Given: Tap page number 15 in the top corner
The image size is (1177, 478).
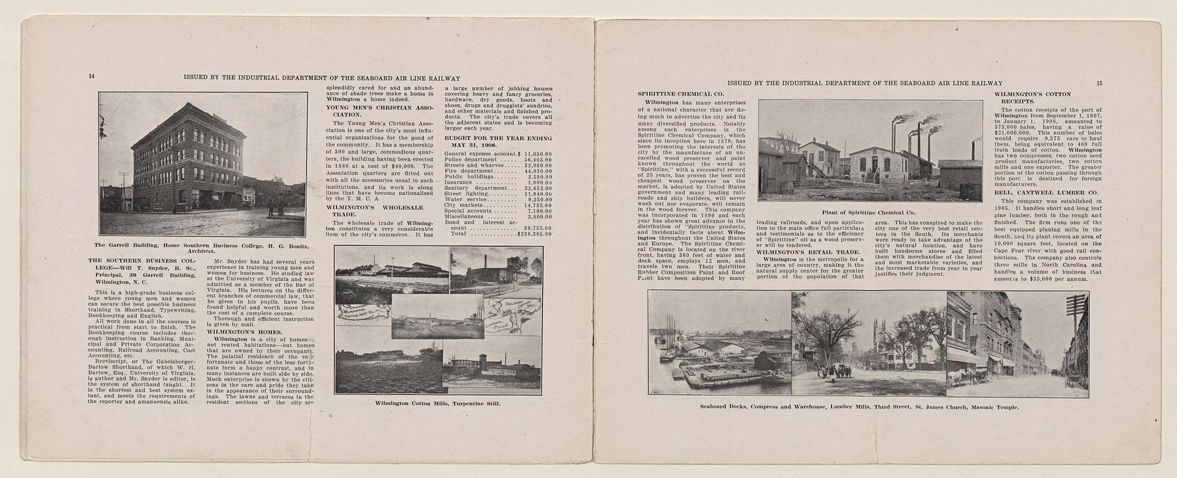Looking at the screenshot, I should (1099, 83).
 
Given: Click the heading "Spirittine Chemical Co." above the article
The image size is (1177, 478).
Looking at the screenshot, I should (673, 94).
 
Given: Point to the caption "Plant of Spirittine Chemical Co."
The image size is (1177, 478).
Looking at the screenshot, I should (870, 212).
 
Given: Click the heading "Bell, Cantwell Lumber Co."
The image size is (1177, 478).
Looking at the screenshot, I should (1038, 192).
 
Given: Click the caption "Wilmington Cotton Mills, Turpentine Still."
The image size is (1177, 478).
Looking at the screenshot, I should (437, 404).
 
